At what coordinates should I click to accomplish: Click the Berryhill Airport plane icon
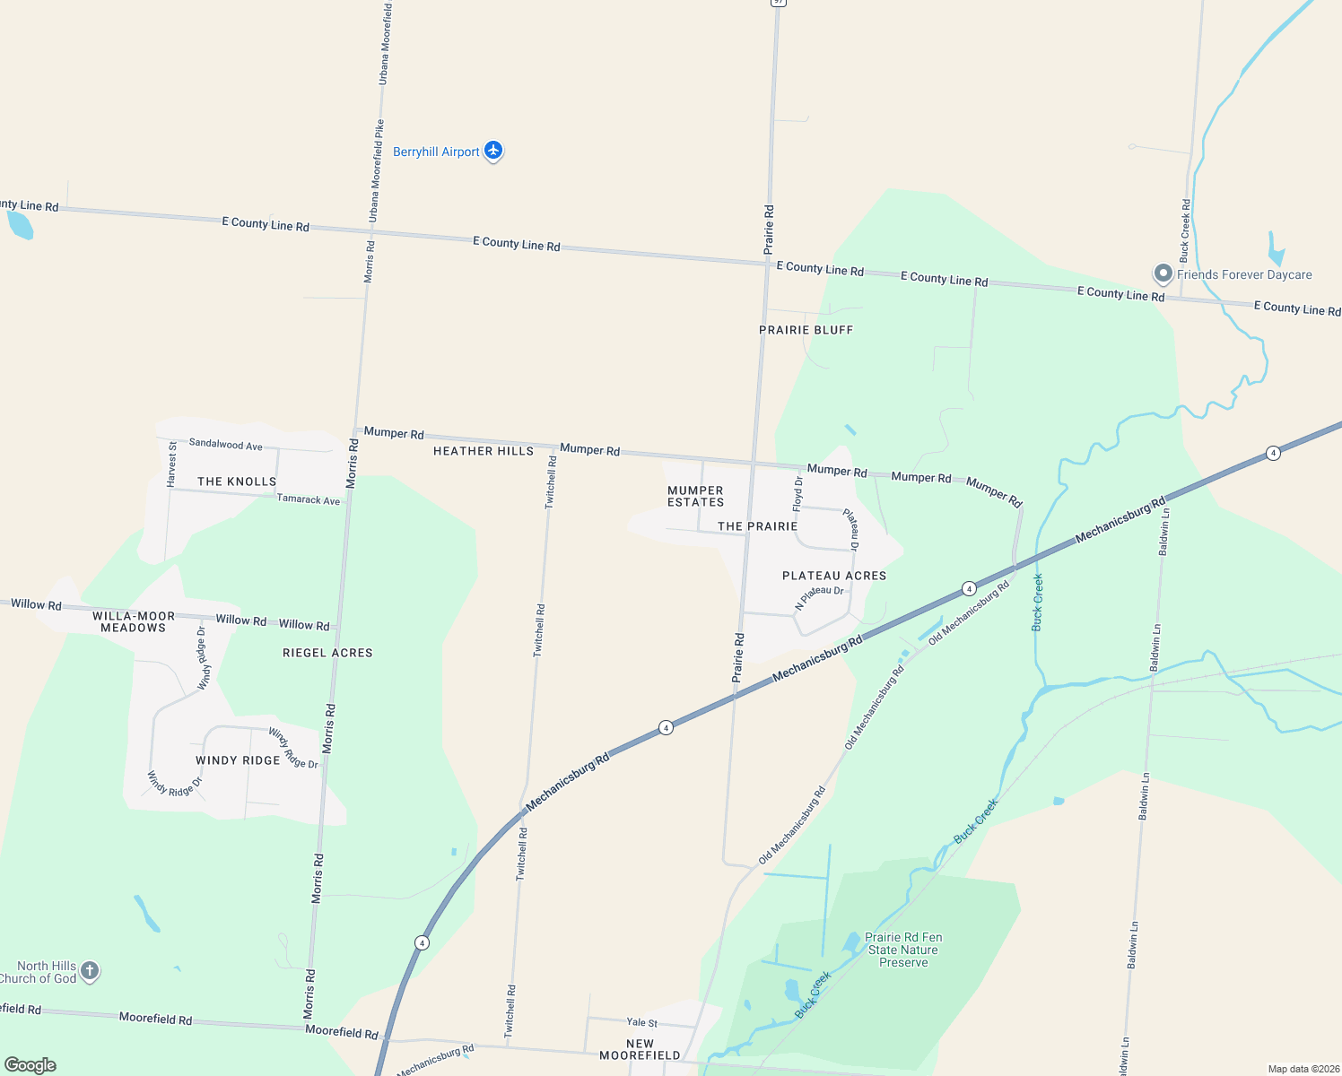click(x=493, y=151)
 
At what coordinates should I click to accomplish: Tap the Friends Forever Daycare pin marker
click(x=1163, y=273)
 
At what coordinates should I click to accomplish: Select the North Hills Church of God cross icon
click(x=89, y=970)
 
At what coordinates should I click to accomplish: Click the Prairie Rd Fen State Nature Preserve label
click(x=903, y=950)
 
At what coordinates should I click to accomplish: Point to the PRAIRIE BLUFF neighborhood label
click(x=806, y=330)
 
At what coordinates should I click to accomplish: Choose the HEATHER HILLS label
click(x=484, y=451)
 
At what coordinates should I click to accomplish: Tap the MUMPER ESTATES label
click(x=695, y=496)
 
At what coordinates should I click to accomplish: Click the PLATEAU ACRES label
click(x=834, y=576)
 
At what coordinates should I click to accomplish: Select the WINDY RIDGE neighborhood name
click(x=238, y=760)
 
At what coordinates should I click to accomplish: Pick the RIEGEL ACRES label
click(x=327, y=653)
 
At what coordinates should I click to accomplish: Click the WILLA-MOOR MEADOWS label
click(x=134, y=621)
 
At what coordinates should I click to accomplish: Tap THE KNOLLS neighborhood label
click(x=237, y=482)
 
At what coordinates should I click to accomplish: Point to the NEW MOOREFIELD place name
click(x=640, y=1049)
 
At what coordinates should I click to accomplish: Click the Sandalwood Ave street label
click(x=226, y=444)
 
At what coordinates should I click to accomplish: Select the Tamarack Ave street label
click(x=309, y=499)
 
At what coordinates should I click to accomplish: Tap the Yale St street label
click(x=642, y=1022)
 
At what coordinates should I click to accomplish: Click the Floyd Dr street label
click(x=798, y=494)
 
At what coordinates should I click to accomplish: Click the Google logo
click(x=30, y=1065)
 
